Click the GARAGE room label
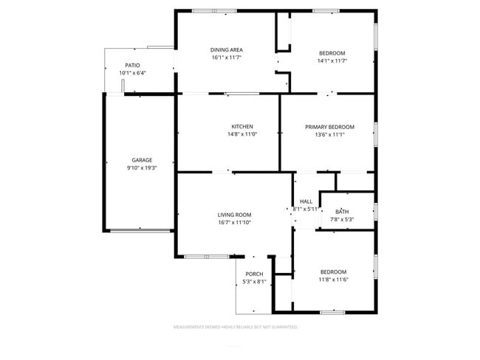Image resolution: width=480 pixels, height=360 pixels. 142,160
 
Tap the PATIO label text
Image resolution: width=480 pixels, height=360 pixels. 132,66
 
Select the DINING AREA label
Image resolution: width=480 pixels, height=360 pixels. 227,49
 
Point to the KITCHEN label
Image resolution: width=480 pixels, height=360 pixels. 242,126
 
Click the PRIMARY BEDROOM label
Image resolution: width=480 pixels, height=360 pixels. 329,127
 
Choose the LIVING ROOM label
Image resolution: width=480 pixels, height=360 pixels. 235,215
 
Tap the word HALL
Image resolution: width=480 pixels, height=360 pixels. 306,201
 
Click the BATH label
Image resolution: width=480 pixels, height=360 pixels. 342,212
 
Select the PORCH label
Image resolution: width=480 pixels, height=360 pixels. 255,274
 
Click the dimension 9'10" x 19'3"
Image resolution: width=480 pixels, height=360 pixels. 142,168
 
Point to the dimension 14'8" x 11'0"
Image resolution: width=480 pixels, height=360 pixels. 242,134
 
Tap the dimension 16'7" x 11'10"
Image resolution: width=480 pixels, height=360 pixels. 235,223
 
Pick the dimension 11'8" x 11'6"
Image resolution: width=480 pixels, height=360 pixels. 333,280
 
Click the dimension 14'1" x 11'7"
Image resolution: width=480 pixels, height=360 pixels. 332,61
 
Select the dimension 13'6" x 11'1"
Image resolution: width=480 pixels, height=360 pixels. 329,135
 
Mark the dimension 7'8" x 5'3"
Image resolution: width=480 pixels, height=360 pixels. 342,220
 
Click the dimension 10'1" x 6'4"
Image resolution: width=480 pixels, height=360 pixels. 132,73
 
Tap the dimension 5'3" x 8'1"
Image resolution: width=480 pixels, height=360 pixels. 255,282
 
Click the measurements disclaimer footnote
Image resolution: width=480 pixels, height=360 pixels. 235,325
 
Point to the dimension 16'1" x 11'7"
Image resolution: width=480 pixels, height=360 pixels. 227,58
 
